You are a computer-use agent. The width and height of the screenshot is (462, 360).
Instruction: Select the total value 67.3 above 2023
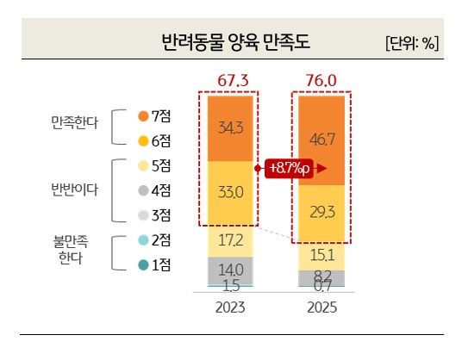[229, 80]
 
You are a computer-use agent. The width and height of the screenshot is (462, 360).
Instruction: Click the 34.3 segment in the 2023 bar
[229, 127]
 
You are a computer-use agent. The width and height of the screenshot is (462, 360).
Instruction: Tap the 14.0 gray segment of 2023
[229, 270]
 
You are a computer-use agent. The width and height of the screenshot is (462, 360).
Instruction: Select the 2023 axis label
[229, 307]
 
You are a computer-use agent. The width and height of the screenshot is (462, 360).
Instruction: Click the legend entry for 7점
[155, 115]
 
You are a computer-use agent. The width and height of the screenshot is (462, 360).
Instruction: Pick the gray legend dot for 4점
[143, 190]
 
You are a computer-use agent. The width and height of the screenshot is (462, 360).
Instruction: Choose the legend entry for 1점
[155, 265]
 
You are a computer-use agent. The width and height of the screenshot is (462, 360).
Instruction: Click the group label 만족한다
[75, 127]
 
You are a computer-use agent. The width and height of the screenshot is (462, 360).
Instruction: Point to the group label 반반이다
[75, 189]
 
